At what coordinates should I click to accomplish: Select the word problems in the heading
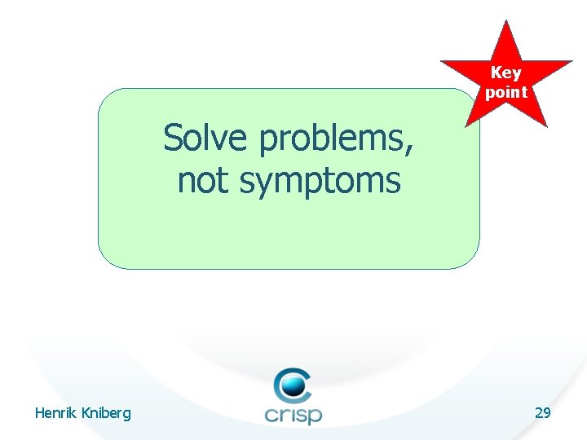335,140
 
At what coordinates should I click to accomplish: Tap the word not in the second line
205,180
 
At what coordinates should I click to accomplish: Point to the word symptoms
320,182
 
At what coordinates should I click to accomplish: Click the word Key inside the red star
505,73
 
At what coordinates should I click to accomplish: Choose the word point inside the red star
506,92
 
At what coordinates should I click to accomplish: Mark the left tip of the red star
442,62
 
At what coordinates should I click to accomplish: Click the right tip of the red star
571,62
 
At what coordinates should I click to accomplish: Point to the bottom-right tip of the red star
546,126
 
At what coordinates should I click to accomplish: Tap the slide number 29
542,413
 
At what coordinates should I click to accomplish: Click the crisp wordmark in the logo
293,413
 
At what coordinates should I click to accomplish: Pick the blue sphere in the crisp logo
293,384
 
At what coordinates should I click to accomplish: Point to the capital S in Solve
172,139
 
